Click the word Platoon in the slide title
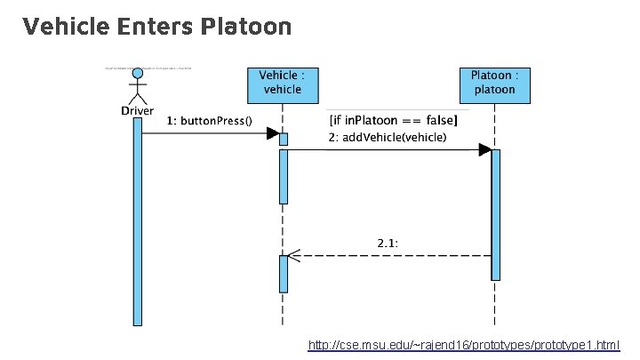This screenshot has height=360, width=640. tap(246, 28)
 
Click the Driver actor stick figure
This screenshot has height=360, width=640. tap(137, 84)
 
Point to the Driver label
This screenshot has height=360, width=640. tap(138, 110)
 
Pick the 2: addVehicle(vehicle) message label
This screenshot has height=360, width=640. tap(388, 138)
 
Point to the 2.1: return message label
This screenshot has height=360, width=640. tap(389, 242)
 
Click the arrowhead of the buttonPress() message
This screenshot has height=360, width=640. tap(273, 133)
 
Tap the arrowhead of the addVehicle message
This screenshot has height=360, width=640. tap(484, 150)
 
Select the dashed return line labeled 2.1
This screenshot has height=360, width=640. tap(391, 256)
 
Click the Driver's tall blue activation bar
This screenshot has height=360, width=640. tap(138, 222)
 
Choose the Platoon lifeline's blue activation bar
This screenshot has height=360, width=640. tap(495, 213)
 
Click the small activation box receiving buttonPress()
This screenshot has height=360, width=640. tap(283, 139)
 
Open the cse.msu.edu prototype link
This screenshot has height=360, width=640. tap(463, 344)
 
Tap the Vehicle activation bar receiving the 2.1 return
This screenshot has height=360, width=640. tap(283, 274)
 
